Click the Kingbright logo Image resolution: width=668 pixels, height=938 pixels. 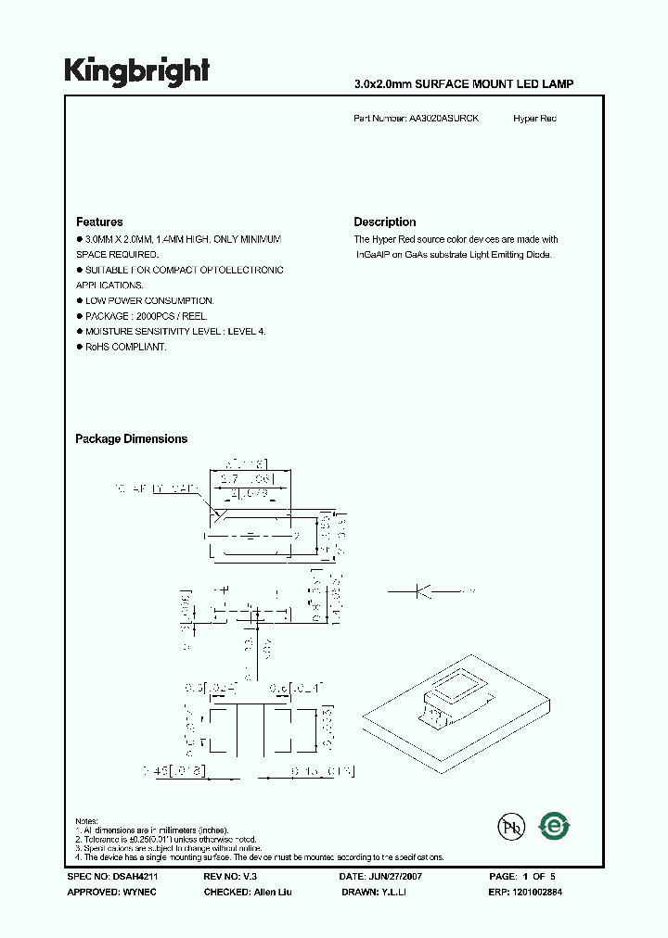[136, 70]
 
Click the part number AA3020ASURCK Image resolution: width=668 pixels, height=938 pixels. [443, 120]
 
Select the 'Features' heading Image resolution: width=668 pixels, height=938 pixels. [99, 222]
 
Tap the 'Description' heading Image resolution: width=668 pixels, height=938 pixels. [384, 222]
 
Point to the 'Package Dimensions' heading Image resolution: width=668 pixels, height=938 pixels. [131, 439]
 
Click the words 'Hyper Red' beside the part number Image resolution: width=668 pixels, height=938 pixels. [534, 120]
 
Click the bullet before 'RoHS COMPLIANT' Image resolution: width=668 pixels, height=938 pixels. [79, 347]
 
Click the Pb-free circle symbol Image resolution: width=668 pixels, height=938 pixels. [507, 828]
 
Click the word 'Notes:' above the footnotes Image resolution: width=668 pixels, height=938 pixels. [87, 822]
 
